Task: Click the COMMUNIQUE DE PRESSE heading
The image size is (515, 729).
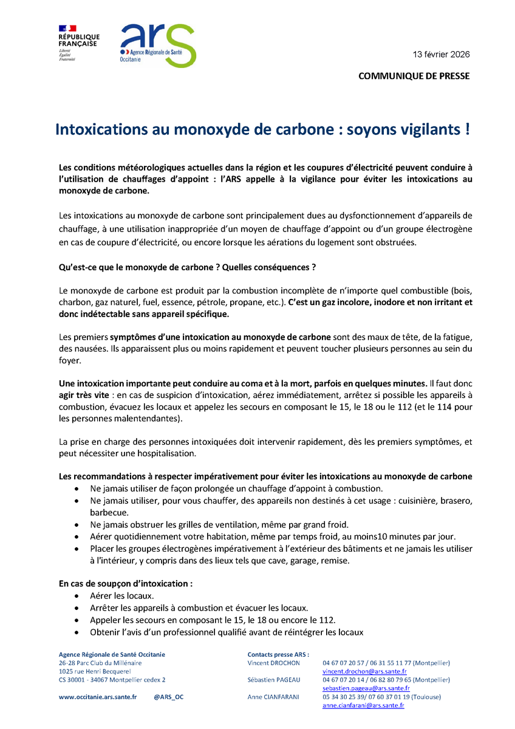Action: [414, 76]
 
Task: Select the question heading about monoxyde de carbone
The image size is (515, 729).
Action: [188, 267]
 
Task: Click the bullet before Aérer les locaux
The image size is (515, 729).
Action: [76, 596]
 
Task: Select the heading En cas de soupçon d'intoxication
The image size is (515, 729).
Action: [126, 583]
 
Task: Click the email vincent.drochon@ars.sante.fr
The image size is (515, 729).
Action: [364, 671]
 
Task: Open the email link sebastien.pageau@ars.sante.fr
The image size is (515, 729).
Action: [366, 688]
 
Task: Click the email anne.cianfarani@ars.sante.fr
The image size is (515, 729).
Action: [363, 705]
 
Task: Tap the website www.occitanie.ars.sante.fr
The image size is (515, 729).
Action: [98, 697]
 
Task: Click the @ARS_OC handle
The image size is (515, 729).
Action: [169, 697]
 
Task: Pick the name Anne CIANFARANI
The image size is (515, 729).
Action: [273, 697]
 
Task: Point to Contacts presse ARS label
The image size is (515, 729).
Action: [278, 654]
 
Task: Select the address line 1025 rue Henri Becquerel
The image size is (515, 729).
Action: [95, 671]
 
